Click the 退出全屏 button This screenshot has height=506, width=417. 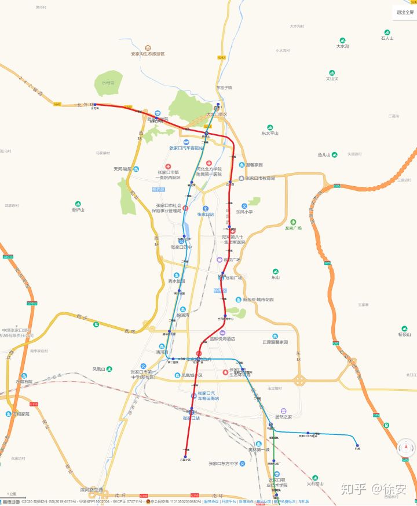(404, 12)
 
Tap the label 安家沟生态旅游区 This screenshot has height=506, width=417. (148, 54)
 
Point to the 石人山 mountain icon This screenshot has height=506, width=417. (387, 33)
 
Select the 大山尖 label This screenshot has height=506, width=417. (332, 79)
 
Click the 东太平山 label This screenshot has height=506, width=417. (270, 133)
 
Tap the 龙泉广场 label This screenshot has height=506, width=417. (293, 228)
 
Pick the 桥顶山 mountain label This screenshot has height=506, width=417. (404, 334)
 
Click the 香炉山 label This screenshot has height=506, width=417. (79, 210)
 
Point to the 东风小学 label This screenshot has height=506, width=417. (244, 212)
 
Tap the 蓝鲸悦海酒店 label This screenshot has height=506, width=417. (226, 339)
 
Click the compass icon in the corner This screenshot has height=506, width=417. (405, 448)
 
